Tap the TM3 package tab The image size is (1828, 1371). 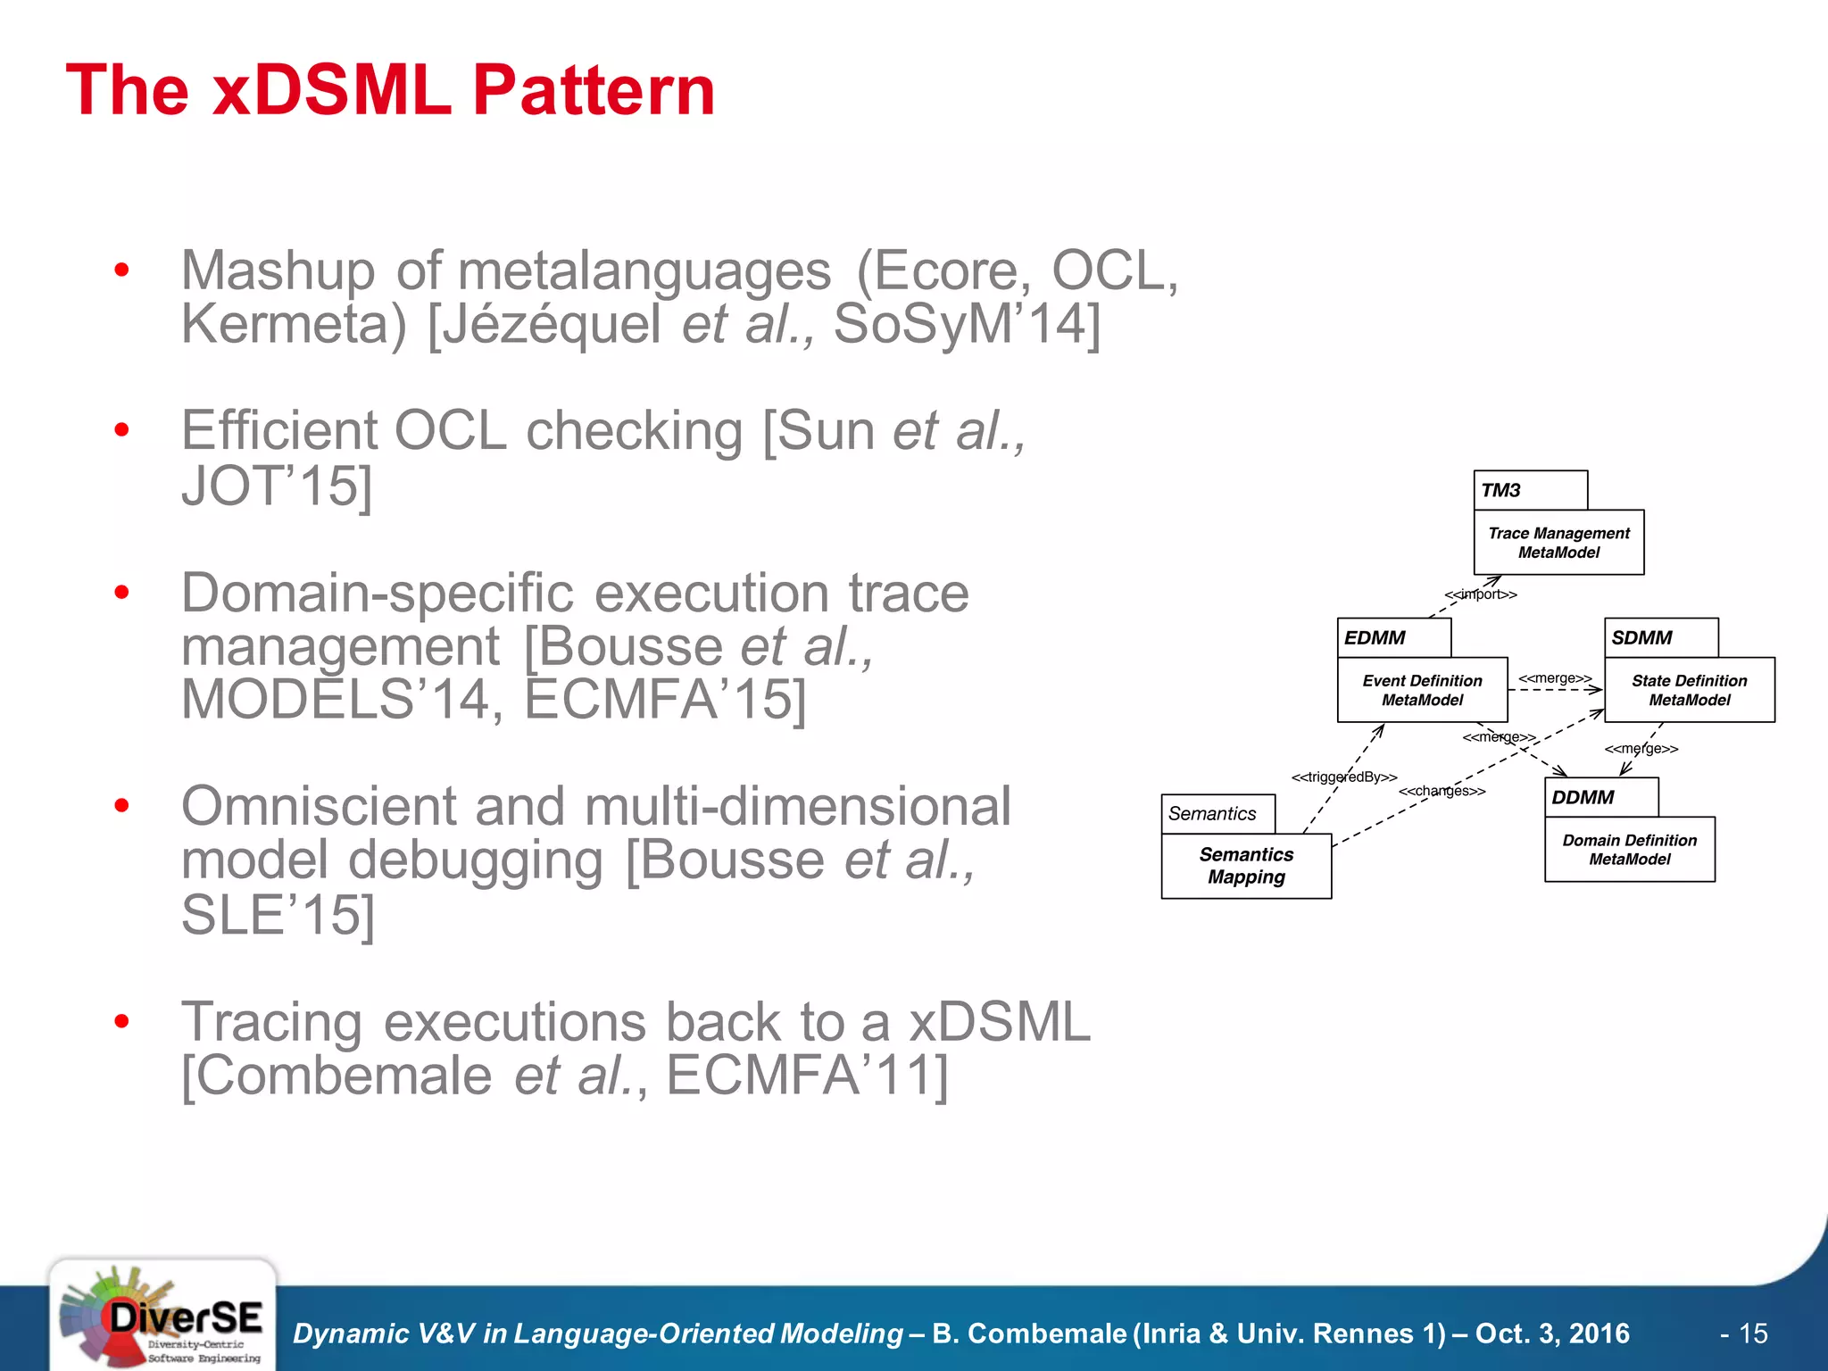tap(1529, 490)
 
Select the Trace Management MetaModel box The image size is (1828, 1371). tap(1558, 543)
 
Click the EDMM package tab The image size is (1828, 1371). tap(1393, 637)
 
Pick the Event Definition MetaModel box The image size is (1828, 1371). tap(1422, 690)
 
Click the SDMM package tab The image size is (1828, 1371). tap(1660, 637)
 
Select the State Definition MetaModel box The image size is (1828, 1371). tap(1689, 690)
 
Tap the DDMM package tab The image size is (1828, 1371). tap(1600, 797)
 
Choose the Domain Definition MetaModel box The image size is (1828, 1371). tap(1629, 850)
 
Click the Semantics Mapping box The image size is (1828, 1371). tap(1246, 866)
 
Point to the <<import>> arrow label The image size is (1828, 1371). tap(1481, 594)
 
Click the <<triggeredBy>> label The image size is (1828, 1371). tap(1344, 777)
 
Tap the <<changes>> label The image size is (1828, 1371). tap(1442, 792)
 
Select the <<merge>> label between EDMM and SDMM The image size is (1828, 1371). tap(1555, 678)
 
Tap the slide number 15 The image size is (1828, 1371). tap(1753, 1334)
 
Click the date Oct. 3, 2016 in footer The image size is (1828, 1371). tap(1552, 1334)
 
